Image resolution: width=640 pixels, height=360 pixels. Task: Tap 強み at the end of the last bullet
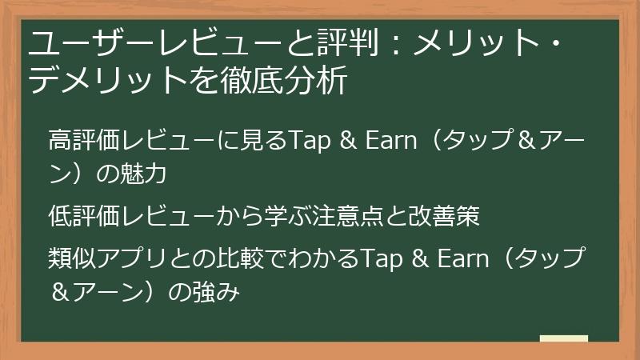click(x=217, y=293)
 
